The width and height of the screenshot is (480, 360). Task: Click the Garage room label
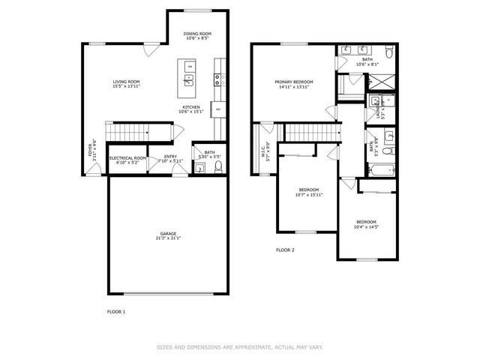[x=169, y=234]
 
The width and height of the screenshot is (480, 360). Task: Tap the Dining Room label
[x=199, y=34]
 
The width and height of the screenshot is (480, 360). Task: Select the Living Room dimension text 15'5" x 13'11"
[x=127, y=87]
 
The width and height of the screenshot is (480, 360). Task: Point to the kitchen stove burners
[x=218, y=77]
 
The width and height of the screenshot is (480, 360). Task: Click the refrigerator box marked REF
[x=217, y=110]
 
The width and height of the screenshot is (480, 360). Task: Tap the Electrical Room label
[x=127, y=157]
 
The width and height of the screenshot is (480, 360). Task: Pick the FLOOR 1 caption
[x=116, y=310]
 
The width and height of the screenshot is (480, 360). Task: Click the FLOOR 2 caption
[x=285, y=250]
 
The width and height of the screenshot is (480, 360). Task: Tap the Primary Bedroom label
[x=294, y=82]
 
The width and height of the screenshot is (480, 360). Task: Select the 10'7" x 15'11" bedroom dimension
[x=309, y=195]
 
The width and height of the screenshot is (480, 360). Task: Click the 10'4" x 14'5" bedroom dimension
[x=366, y=226]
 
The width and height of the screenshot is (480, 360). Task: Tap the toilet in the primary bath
[x=388, y=52]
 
